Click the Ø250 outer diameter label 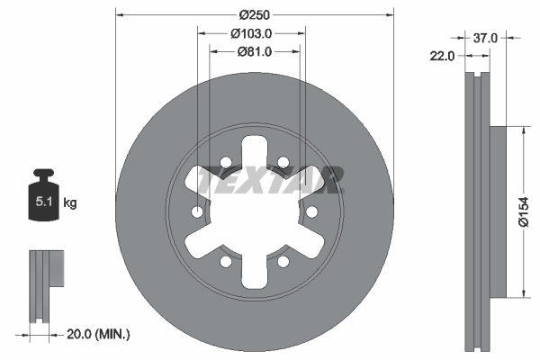(x=255, y=14)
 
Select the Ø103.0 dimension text (x=251, y=33)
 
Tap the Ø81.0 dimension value (x=255, y=51)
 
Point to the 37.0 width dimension (x=485, y=38)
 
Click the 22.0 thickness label (x=442, y=56)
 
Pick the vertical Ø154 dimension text (x=523, y=211)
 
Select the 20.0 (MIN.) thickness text (x=98, y=334)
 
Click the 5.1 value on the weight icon (x=44, y=202)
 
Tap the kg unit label (x=70, y=202)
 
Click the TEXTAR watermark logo (x=270, y=180)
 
